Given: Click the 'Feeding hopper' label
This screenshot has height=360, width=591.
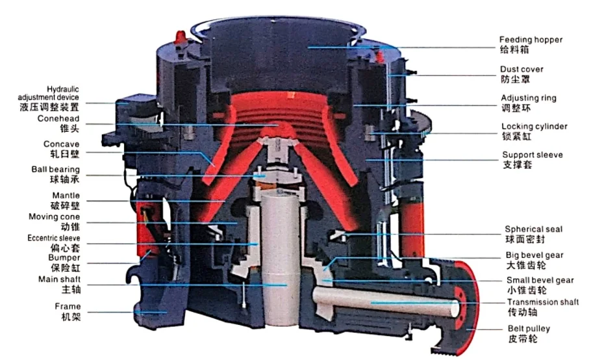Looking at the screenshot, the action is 531,40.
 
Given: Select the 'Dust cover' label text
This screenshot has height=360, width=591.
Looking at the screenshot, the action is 522,70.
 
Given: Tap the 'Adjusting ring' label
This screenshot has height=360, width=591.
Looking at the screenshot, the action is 529,98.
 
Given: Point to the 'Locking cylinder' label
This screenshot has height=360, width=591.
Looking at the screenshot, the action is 534,127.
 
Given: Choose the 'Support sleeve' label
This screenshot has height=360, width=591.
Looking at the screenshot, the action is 532,155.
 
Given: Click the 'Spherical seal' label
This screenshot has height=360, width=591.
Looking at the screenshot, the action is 533,229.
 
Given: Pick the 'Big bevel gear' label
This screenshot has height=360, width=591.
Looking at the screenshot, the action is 534,255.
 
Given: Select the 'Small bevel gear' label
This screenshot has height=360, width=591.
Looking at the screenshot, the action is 540,280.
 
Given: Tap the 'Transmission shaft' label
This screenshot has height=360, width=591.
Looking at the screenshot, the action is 543,302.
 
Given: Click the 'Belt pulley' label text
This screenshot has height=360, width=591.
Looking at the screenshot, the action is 529,329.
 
